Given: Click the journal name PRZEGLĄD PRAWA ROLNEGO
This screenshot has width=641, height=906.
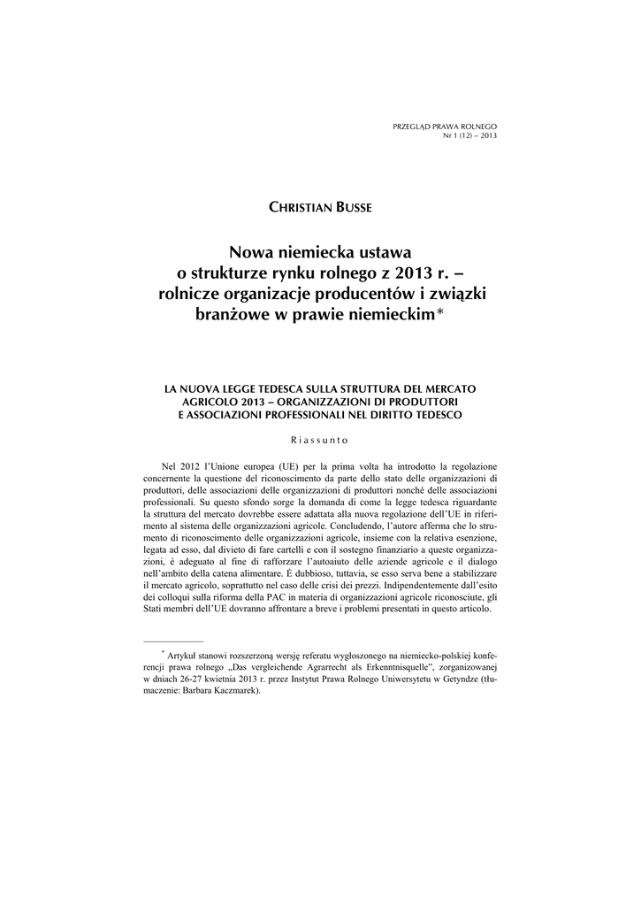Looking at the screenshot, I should click(445, 128).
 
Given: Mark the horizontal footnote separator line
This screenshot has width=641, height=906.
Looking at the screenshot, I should click(173, 638).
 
